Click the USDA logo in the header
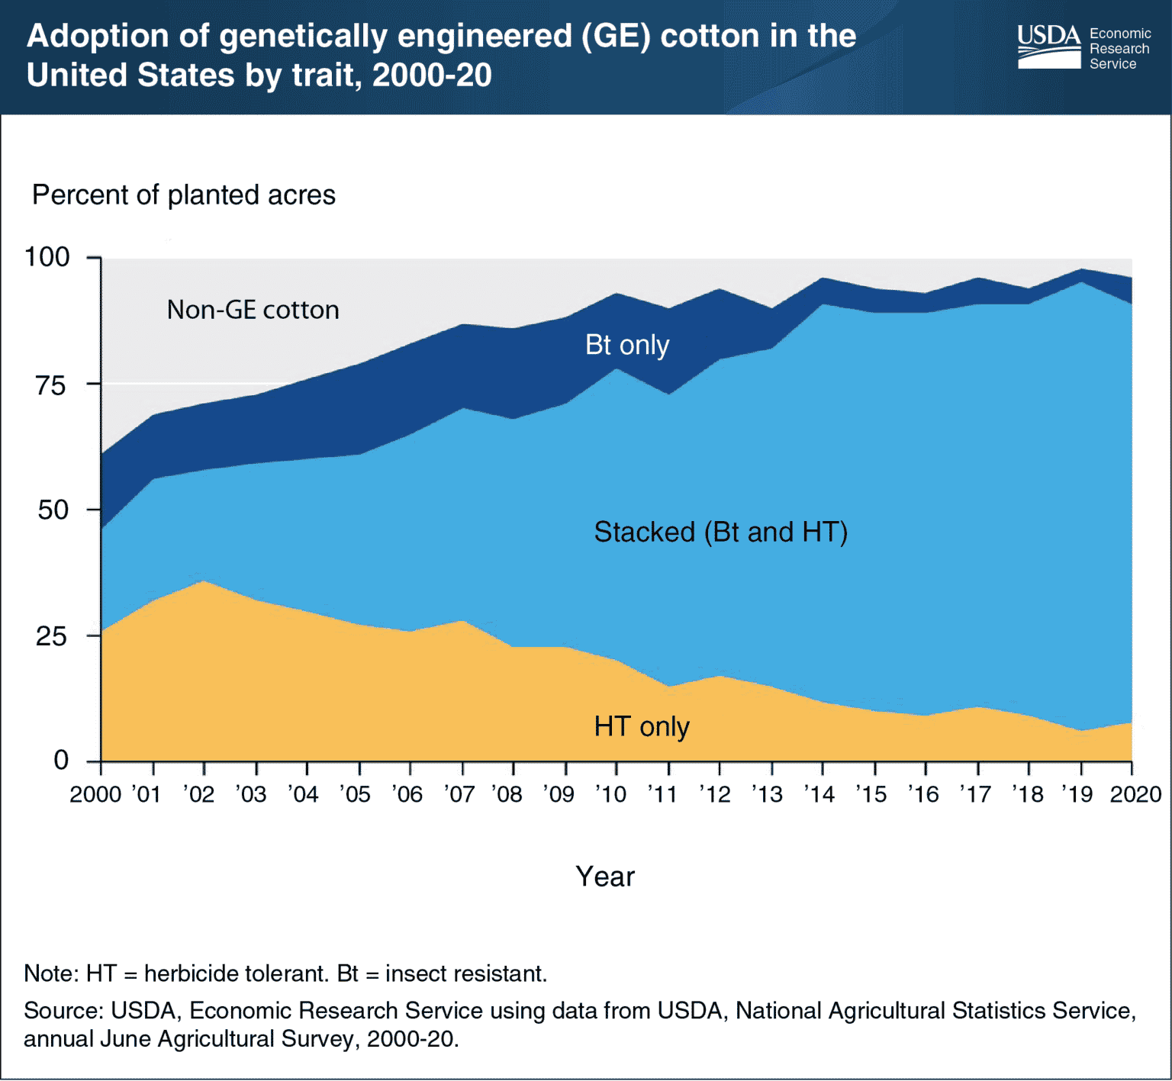[1049, 47]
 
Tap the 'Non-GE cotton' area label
[253, 310]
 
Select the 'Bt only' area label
[626, 345]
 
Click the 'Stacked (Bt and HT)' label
[720, 532]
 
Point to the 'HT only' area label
[641, 726]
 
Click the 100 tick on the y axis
[47, 257]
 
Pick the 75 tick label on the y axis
[51, 384]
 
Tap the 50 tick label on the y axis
[53, 510]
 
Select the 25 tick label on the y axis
[51, 635]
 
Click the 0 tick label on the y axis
[61, 760]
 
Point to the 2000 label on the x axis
[95, 795]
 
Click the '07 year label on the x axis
[459, 795]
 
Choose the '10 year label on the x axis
[610, 795]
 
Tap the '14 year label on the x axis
[819, 795]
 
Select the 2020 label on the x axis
[1135, 795]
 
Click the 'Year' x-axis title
[604, 877]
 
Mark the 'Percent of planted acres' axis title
[183, 195]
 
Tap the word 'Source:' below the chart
[63, 1011]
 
